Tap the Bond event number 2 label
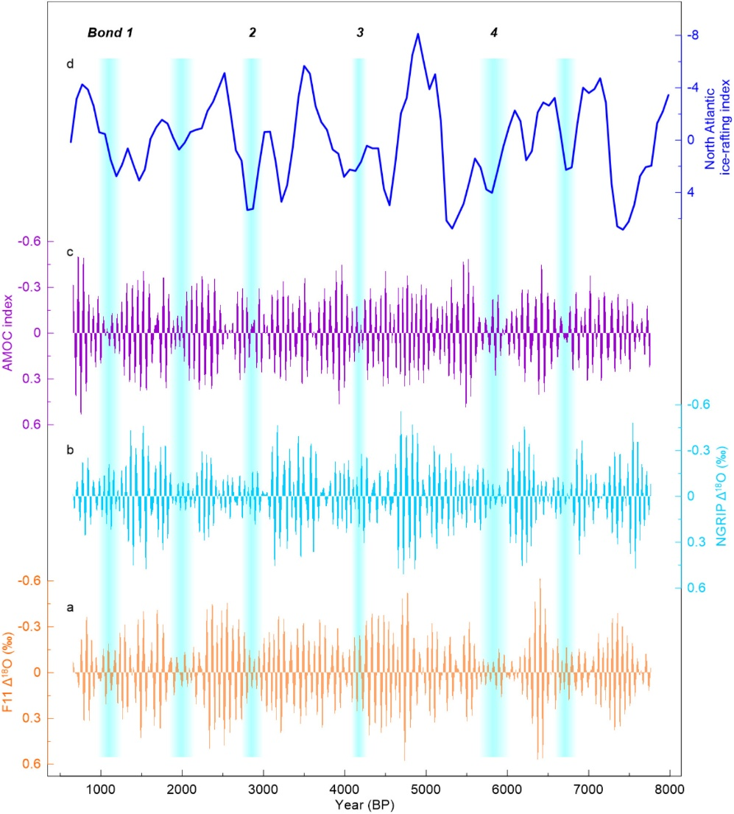coord(253,32)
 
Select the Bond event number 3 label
coord(359,32)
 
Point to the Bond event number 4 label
coord(494,32)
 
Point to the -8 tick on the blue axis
coord(693,35)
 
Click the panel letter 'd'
coord(70,64)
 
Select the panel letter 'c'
coord(69,252)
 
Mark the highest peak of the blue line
coord(417,34)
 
